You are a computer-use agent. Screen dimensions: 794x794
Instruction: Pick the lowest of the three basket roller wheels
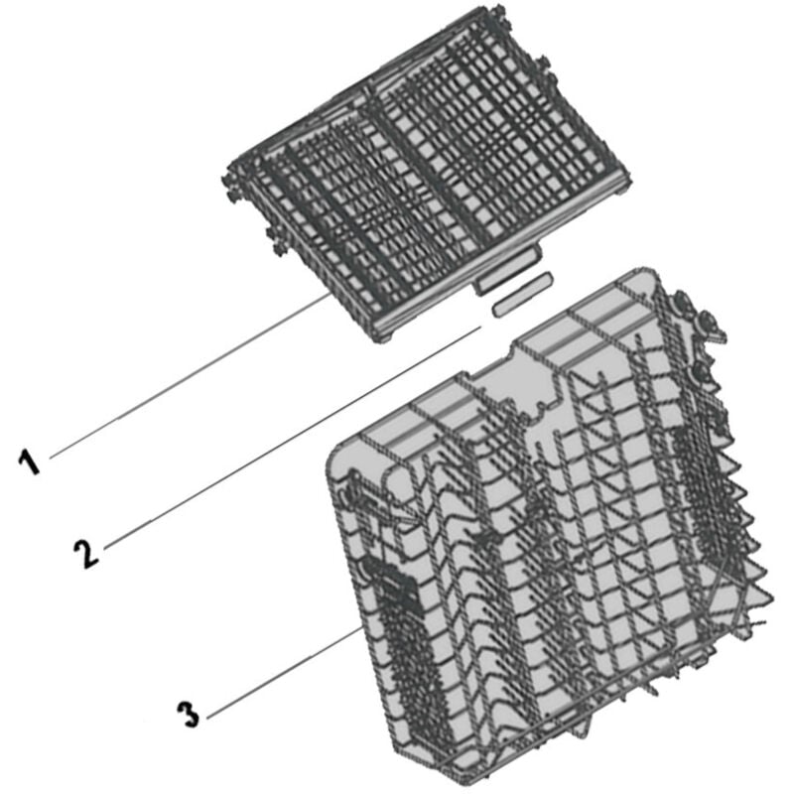pos(705,371)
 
